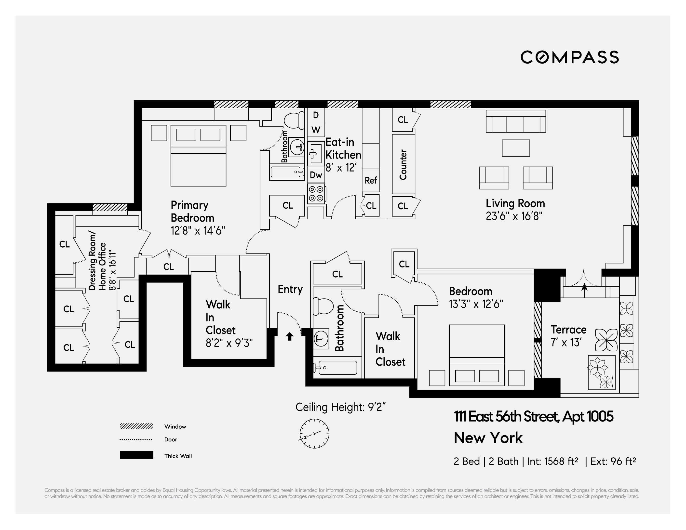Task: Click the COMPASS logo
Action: (569, 57)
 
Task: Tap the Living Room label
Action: (515, 203)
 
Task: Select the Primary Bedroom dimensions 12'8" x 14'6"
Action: (198, 231)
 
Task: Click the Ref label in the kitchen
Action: (371, 181)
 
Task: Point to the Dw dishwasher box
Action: (316, 175)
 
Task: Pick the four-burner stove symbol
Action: (316, 194)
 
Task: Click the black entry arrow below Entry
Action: (290, 337)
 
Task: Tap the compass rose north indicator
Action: (314, 434)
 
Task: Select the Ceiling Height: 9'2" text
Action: (340, 407)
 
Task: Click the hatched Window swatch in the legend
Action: (136, 426)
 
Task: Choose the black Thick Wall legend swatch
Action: (136, 455)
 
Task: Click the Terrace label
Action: (568, 330)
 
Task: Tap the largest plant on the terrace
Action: (606, 340)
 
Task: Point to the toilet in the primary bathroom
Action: (294, 120)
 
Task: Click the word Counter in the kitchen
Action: (403, 165)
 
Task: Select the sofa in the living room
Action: (516, 121)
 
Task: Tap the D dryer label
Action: (316, 115)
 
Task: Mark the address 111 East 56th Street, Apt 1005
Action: (533, 417)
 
